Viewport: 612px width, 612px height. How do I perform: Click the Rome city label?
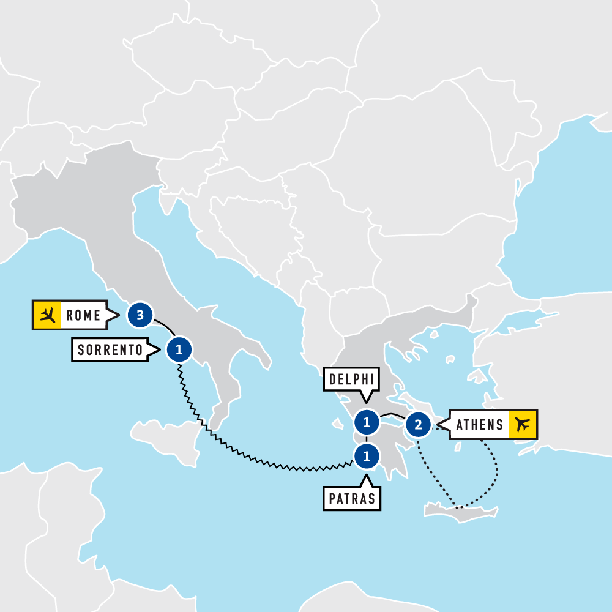(x=83, y=316)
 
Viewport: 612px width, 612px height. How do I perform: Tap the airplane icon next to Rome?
(x=47, y=316)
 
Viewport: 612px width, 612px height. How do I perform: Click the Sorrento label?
(x=110, y=350)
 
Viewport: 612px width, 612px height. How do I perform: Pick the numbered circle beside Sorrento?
(x=179, y=350)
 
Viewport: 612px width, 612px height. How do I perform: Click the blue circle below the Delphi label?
(x=366, y=422)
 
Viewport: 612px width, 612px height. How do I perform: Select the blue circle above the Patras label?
(x=366, y=455)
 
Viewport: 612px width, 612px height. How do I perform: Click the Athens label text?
(x=480, y=424)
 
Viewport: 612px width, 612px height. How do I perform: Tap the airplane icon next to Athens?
(x=522, y=424)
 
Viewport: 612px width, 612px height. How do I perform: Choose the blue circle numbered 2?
(x=418, y=424)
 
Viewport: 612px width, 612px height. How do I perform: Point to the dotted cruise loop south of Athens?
(x=495, y=471)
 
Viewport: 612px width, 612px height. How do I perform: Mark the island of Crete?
(x=465, y=514)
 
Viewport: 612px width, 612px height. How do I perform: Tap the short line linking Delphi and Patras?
(x=366, y=439)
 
